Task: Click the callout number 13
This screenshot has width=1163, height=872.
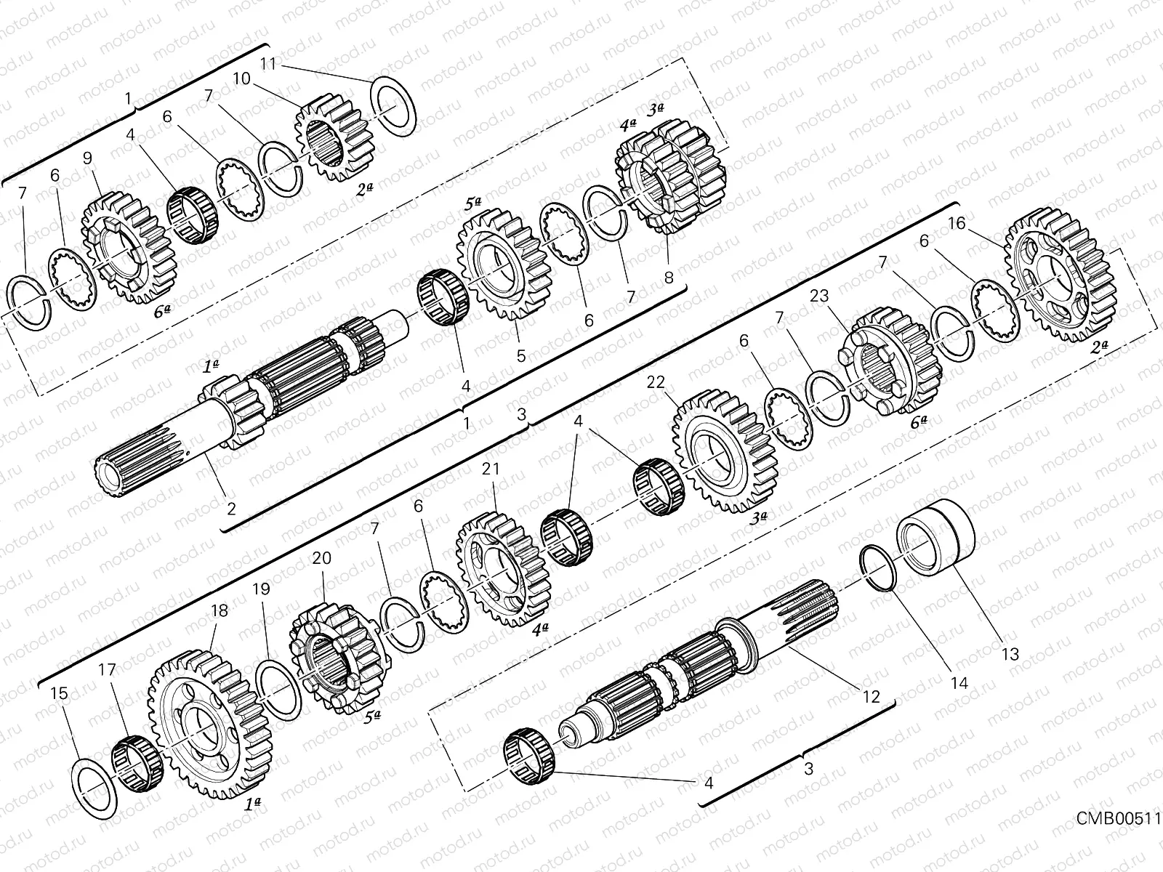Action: coord(1010,653)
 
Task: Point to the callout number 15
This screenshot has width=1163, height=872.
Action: coord(60,693)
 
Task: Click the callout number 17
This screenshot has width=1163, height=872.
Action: coord(107,670)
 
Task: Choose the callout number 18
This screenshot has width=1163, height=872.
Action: coord(219,611)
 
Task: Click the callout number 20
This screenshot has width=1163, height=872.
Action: coord(321,558)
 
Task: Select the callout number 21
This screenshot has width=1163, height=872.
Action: coord(491,469)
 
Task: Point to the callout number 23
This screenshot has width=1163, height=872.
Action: coord(819,296)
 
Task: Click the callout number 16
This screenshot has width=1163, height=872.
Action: coord(957,223)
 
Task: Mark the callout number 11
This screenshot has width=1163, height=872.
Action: coord(268,64)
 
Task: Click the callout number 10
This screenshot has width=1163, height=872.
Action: coord(242,78)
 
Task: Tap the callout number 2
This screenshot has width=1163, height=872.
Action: coord(231,509)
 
